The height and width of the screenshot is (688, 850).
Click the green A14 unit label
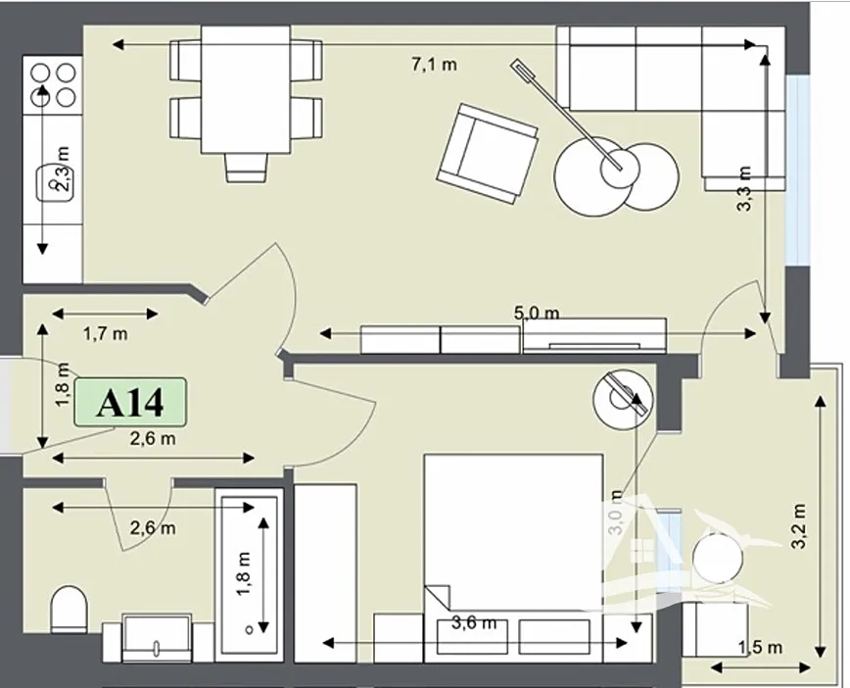pyautogui.click(x=130, y=402)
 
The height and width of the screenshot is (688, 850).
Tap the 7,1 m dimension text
pyautogui.click(x=434, y=65)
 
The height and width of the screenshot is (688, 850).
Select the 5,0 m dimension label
pyautogui.click(x=536, y=313)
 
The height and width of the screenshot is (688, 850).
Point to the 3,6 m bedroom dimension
pyautogui.click(x=474, y=622)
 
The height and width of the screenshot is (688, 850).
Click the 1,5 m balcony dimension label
pyautogui.click(x=760, y=647)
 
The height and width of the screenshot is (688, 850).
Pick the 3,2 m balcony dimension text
pyautogui.click(x=799, y=525)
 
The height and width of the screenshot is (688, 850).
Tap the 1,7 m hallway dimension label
pyautogui.click(x=105, y=333)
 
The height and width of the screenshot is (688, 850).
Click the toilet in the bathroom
pyautogui.click(x=69, y=609)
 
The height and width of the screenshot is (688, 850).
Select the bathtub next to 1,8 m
pyautogui.click(x=249, y=575)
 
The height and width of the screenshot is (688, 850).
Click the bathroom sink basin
pyautogui.click(x=158, y=638)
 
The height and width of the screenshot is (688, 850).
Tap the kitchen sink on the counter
pyautogui.click(x=54, y=184)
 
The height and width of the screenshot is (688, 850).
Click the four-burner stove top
pyautogui.click(x=53, y=85)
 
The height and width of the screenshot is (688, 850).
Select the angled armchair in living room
pyautogui.click(x=488, y=154)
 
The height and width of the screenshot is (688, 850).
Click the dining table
pyautogui.click(x=246, y=90)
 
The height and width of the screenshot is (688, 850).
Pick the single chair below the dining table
pyautogui.click(x=247, y=168)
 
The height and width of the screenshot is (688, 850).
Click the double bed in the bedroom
pyautogui.click(x=513, y=558)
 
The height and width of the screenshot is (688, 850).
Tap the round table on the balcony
pyautogui.click(x=719, y=559)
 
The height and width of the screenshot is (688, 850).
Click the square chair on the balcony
pyautogui.click(x=715, y=629)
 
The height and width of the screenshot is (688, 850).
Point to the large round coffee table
pyautogui.click(x=594, y=175)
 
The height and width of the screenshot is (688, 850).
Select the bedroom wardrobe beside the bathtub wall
pyautogui.click(x=325, y=573)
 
